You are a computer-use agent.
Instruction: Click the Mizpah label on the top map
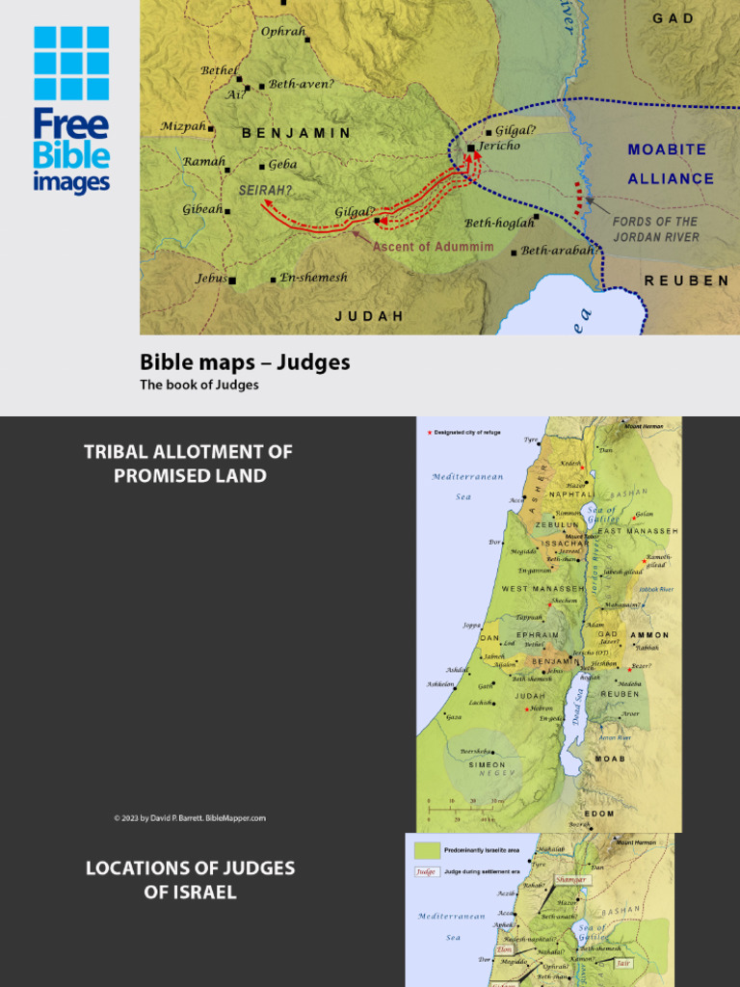tap(183, 126)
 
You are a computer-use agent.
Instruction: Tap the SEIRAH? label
tap(265, 191)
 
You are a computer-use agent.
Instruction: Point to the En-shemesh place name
tap(313, 278)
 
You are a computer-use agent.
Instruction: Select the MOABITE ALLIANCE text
tap(671, 164)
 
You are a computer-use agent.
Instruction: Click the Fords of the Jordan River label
tap(655, 228)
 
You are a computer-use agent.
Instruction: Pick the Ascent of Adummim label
tap(433, 247)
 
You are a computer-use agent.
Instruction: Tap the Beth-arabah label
tap(557, 251)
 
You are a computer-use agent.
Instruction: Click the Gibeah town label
tap(202, 209)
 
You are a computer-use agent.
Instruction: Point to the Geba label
tap(282, 165)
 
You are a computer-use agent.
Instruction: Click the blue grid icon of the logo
tap(71, 64)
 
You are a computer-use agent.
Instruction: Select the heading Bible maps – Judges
tap(245, 362)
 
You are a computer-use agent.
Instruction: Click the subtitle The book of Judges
tap(199, 385)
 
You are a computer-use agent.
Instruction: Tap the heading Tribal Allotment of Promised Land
tap(189, 464)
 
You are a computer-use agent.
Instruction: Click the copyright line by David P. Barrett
tap(189, 818)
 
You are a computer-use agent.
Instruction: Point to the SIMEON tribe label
tap(487, 764)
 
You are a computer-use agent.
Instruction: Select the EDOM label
tap(599, 814)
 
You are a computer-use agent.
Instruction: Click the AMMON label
tap(648, 635)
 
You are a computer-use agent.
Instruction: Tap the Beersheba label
tap(479, 751)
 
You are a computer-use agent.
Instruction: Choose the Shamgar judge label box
tap(571, 880)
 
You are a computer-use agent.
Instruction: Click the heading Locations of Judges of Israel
tap(190, 879)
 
